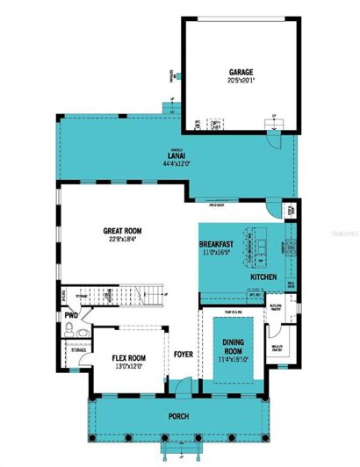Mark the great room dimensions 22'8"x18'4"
[121, 240]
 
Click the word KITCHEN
[263, 277]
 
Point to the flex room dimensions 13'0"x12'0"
[128, 367]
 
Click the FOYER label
[183, 356]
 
